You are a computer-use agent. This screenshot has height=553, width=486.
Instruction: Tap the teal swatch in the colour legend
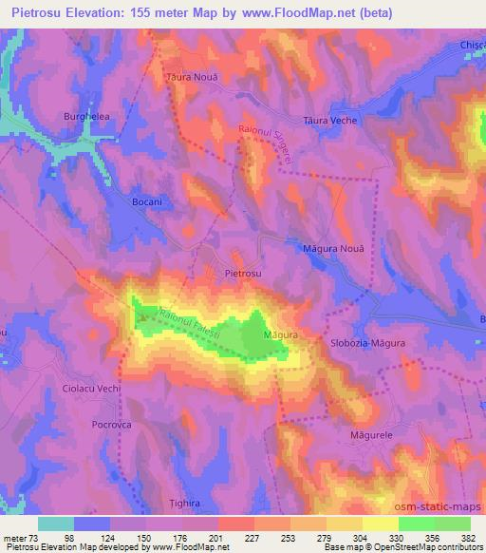56,524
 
